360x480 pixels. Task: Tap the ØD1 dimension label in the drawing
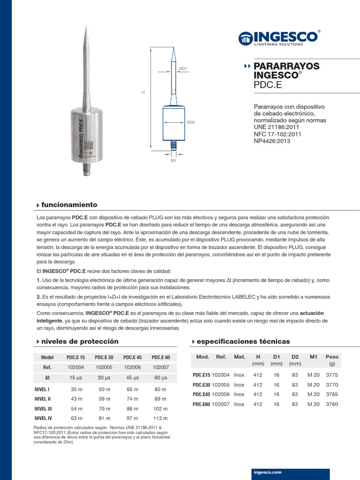(182, 69)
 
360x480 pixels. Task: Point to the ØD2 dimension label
(191, 122)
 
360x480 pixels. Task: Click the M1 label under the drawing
(173, 160)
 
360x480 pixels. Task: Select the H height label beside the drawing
(143, 93)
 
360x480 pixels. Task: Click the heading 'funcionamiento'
(69, 205)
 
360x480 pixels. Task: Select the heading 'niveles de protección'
(80, 341)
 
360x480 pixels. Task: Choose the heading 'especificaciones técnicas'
(243, 341)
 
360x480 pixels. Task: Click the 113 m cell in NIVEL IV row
(160, 418)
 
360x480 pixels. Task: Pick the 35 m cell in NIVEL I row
(76, 390)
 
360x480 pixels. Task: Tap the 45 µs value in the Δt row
(133, 378)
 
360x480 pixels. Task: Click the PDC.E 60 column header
(161, 357)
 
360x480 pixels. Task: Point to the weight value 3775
(332, 375)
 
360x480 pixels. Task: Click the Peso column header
(332, 357)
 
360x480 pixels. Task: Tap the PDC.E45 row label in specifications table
(202, 394)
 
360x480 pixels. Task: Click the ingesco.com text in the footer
(267, 472)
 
